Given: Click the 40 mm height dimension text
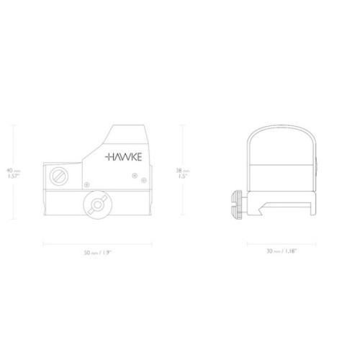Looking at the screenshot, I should pos(12,170).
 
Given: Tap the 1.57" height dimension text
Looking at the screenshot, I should pos(12,176).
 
